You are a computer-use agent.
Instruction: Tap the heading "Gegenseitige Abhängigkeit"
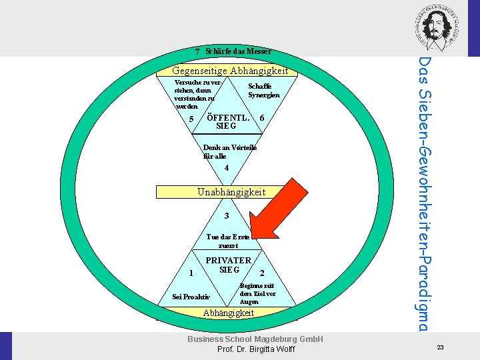click(230, 71)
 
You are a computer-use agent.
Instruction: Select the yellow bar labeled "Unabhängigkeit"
click(231, 192)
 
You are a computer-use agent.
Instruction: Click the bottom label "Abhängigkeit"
click(229, 313)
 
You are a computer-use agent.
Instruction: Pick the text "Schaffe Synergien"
click(264, 91)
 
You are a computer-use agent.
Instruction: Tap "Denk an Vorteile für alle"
click(229, 151)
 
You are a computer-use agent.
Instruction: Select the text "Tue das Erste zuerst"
click(228, 241)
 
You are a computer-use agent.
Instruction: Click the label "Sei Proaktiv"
click(191, 297)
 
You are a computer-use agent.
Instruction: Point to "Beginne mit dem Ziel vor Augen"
click(257, 293)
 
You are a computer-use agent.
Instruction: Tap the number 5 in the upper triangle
click(191, 119)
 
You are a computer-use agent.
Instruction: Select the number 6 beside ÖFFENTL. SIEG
click(263, 118)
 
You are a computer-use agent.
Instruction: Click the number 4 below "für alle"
click(227, 168)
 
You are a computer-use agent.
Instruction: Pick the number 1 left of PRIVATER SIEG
click(191, 272)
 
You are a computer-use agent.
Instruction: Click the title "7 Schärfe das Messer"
click(233, 51)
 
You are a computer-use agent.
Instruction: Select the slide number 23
click(440, 347)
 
